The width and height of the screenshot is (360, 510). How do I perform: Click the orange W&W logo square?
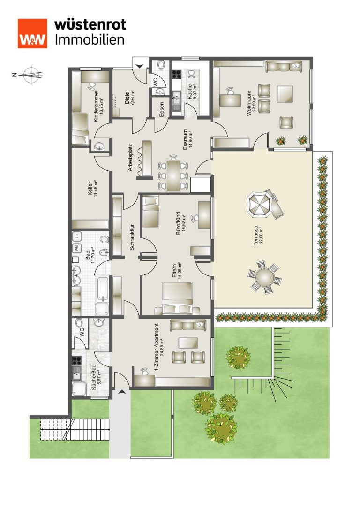[x=32, y=33]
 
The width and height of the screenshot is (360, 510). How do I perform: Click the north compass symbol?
[x=30, y=75]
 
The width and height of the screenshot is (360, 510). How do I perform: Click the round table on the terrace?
[x=265, y=277]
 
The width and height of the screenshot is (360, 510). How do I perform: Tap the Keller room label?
[x=93, y=188]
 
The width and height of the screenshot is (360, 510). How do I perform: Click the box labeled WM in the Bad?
[x=77, y=248]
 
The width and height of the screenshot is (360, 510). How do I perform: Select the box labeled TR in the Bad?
[x=77, y=236]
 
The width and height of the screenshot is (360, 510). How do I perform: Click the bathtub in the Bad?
[x=103, y=289]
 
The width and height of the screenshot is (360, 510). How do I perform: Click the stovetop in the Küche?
[x=176, y=74]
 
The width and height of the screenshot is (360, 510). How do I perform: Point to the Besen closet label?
[x=161, y=110]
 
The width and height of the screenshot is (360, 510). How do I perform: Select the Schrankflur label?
[x=132, y=237]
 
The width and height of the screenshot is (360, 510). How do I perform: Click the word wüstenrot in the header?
[x=90, y=24]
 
